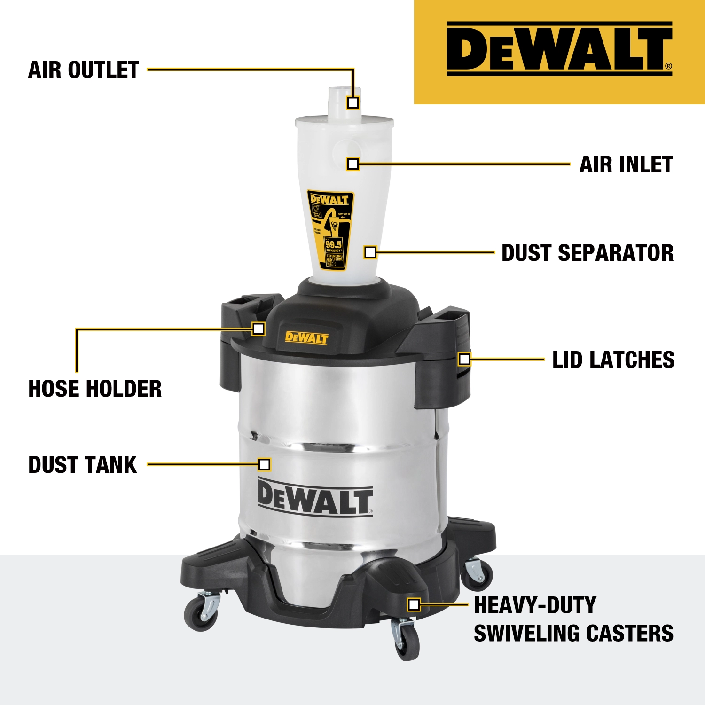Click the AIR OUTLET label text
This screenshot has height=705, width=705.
[84, 70]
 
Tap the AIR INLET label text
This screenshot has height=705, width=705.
[626, 164]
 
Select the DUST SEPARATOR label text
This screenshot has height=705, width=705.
[587, 253]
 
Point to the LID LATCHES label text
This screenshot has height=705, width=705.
[613, 360]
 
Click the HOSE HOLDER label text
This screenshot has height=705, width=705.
[95, 389]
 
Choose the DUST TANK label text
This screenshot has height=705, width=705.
[83, 465]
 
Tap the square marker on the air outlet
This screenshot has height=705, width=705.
[353, 102]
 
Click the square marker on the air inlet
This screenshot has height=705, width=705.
[353, 164]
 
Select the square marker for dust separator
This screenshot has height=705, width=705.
[370, 252]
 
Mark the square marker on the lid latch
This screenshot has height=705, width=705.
[464, 360]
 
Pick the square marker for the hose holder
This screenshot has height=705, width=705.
[258, 329]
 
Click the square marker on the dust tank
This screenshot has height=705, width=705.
[265, 465]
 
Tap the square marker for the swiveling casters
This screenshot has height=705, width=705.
[414, 604]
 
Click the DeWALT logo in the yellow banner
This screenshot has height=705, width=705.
[559, 49]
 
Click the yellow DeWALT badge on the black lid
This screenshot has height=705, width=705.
[307, 337]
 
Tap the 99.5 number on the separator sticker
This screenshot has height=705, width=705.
[334, 244]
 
